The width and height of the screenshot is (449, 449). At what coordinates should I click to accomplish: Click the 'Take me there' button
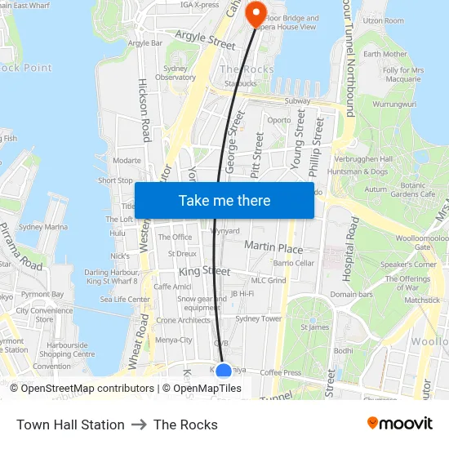click(224, 200)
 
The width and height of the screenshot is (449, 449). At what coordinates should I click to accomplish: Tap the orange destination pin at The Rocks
click(256, 11)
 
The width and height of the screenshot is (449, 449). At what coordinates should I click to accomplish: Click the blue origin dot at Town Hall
click(224, 371)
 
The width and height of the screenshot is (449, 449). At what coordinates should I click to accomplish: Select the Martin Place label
click(273, 247)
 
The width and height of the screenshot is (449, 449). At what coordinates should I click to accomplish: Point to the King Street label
click(204, 271)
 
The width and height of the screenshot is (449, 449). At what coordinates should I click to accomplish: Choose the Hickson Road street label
click(144, 110)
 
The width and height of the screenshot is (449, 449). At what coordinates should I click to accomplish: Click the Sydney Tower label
click(258, 319)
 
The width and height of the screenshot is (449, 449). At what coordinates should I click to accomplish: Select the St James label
click(314, 327)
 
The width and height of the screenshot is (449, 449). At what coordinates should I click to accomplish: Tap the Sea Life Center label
click(125, 300)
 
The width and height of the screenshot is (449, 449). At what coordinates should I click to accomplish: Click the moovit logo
click(400, 424)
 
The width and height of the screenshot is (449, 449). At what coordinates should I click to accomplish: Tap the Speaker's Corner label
click(408, 265)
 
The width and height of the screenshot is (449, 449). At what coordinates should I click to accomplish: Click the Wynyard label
click(225, 231)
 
